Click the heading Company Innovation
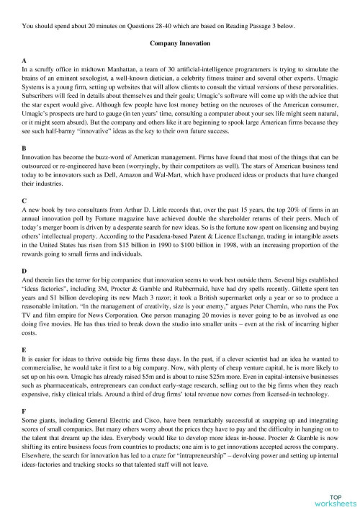point(180,43)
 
